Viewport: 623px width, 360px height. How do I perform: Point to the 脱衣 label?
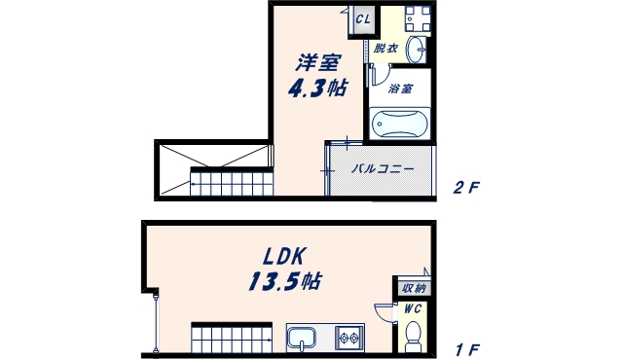[385, 49]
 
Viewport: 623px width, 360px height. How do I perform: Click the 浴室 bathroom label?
[399, 89]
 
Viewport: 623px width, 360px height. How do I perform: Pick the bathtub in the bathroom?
[400, 125]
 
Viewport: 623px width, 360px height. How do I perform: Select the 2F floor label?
[466, 187]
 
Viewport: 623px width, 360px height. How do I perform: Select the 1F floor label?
[466, 347]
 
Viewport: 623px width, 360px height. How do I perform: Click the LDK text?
[283, 258]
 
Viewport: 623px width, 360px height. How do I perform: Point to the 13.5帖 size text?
[283, 283]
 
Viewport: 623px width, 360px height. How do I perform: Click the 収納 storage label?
[414, 288]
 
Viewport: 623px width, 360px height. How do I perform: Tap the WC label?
[414, 309]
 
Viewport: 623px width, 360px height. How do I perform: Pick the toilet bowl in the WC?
[413, 336]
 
